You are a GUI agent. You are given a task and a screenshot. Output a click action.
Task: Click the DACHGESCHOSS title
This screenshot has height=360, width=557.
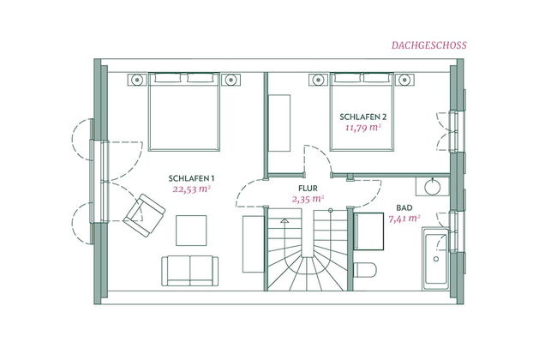[429, 45]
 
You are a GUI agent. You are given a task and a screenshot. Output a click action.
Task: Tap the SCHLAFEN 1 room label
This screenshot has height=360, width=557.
[191, 178]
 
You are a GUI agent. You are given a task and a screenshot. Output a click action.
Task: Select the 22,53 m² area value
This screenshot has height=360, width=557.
[192, 189]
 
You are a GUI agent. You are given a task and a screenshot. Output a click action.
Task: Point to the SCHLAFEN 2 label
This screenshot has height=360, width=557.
[363, 117]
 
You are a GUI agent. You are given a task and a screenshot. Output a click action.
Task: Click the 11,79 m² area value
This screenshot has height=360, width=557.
[363, 128]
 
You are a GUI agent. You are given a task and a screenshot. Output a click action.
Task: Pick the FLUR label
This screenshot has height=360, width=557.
[308, 189]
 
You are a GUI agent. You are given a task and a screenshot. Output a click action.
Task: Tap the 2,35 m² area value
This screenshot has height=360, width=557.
[308, 199]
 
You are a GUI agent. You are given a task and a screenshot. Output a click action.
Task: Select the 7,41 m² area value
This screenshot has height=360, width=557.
[404, 219]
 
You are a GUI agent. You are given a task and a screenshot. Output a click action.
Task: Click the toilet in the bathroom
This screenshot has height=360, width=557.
[365, 270]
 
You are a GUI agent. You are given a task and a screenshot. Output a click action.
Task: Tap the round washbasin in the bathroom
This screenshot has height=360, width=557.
[432, 187]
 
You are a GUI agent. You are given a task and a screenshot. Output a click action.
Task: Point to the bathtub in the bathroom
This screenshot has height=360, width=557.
[436, 259]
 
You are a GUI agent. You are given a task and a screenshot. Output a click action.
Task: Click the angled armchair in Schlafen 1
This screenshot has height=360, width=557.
[144, 215]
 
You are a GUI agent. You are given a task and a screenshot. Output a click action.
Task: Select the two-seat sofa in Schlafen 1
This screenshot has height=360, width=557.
[190, 271]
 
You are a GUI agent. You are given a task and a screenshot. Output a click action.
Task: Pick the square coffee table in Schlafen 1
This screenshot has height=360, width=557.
[191, 231]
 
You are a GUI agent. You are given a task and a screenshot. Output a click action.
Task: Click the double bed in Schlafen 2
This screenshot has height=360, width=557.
[362, 112]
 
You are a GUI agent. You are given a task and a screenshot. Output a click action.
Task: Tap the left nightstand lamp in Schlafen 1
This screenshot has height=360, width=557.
[137, 80]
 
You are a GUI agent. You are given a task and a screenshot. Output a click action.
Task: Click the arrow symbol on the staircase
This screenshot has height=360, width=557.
[284, 220]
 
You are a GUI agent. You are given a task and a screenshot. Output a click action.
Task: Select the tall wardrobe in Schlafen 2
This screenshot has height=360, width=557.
[279, 123]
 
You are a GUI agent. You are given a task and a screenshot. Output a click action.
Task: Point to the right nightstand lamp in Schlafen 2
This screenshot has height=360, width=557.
[404, 80]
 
